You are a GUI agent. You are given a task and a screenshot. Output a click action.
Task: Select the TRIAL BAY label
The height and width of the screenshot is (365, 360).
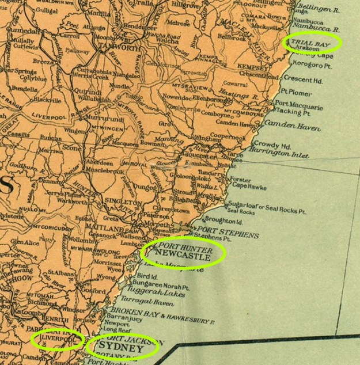(x=309, y=43)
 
